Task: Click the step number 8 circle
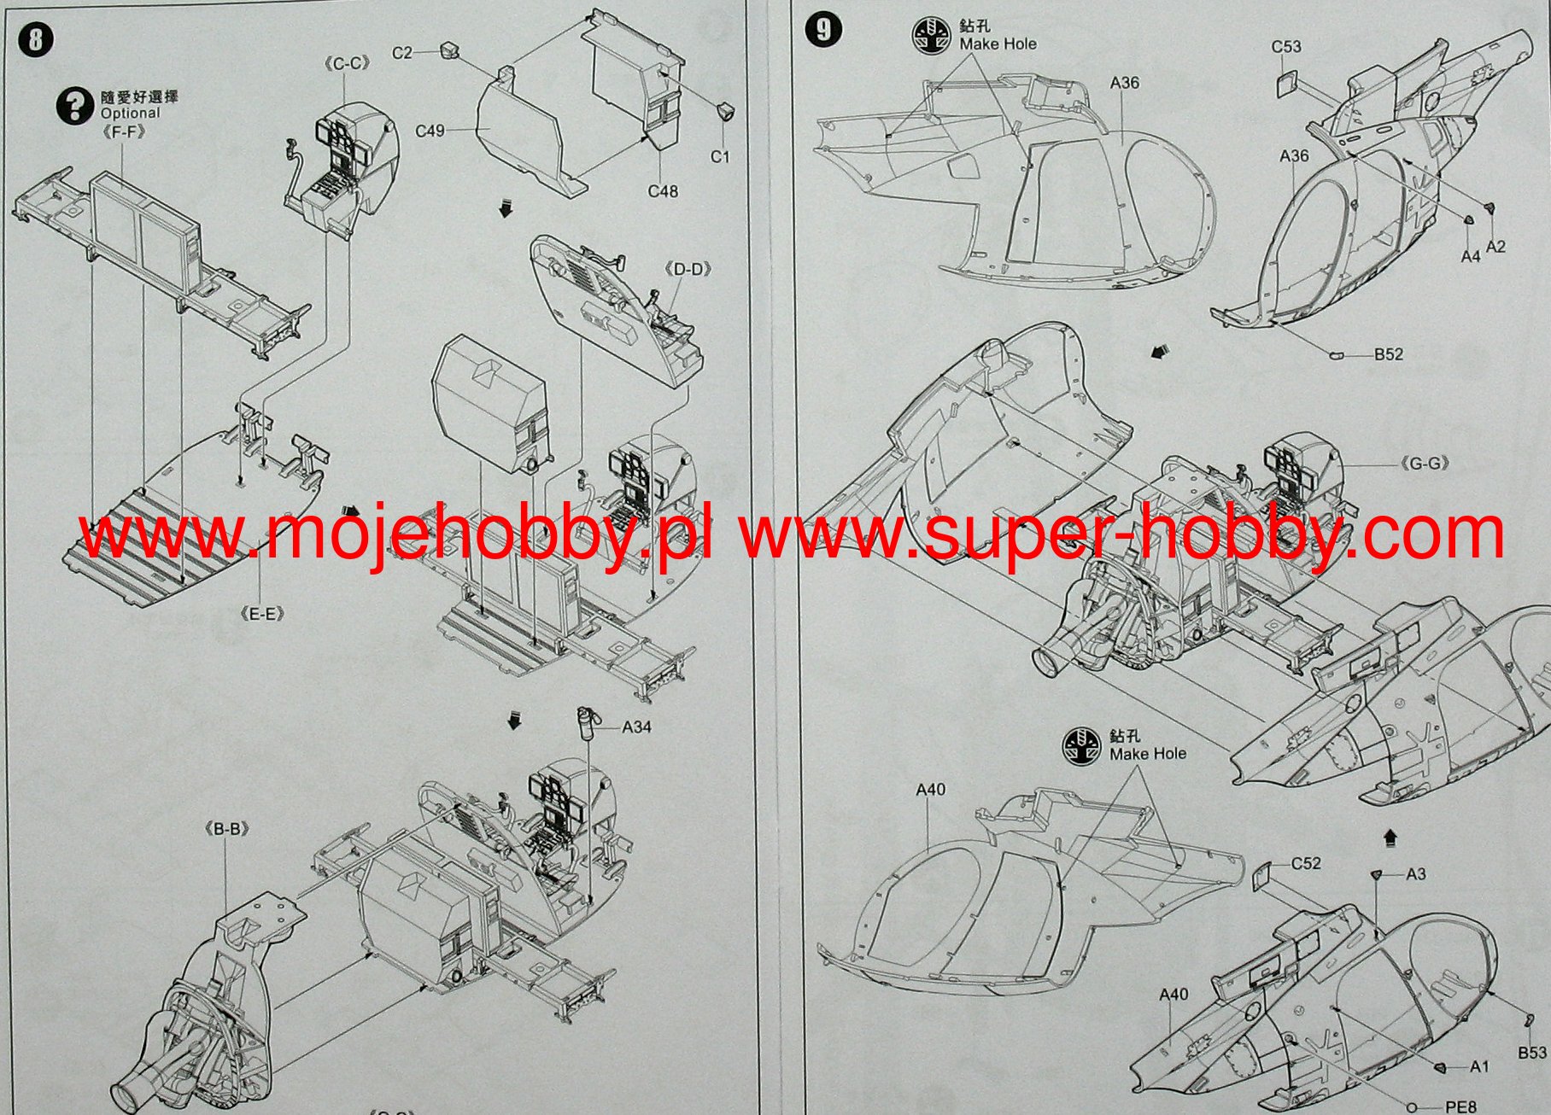(35, 40)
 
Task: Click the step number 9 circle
(823, 30)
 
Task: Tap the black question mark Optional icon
(75, 106)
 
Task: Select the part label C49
(430, 131)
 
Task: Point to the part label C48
(663, 191)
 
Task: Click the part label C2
(401, 53)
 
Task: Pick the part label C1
(720, 156)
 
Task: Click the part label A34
(636, 727)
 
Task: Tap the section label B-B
(226, 829)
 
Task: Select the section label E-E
(262, 614)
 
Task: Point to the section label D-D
(688, 270)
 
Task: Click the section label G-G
(1425, 464)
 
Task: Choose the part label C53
(1285, 46)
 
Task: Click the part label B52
(1388, 354)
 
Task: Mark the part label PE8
(1460, 1107)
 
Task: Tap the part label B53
(1532, 1054)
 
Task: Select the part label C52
(1306, 864)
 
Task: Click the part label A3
(1415, 874)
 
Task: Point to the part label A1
(1479, 1066)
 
